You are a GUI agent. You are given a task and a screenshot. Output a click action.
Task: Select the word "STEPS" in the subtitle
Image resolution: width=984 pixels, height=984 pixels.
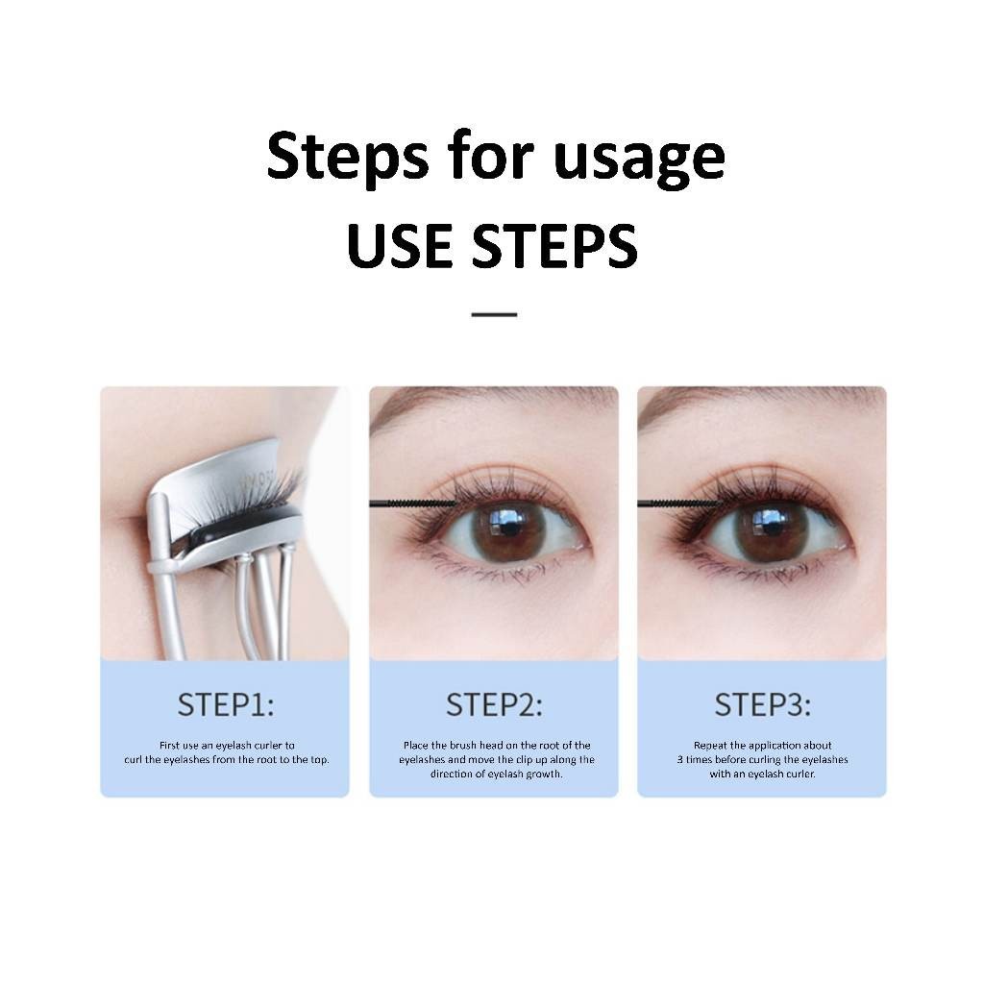coord(554,245)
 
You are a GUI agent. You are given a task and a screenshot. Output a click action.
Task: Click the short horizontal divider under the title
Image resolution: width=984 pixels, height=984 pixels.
coord(494,314)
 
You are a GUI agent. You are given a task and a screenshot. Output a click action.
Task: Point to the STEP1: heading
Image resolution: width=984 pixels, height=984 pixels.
coord(225,704)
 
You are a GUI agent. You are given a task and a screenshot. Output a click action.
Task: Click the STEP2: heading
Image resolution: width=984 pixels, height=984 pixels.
coord(494,704)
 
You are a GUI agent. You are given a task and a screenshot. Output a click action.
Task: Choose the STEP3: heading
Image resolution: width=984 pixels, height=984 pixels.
coord(762,704)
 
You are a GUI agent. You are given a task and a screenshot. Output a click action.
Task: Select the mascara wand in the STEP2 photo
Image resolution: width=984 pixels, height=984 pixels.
coord(413,503)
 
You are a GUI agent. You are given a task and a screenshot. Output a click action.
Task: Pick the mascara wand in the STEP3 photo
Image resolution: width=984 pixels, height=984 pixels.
coord(681,503)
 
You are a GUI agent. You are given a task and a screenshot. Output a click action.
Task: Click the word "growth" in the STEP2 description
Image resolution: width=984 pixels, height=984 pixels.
coord(545,775)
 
